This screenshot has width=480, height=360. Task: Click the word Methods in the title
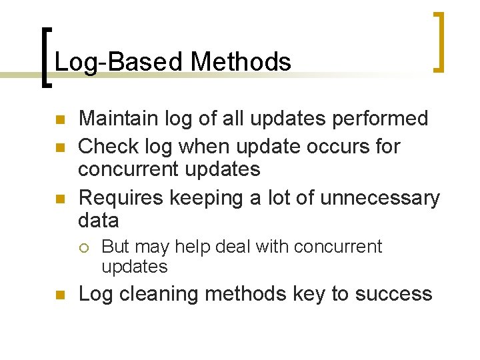tap(241, 62)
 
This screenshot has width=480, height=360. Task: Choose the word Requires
tap(121, 198)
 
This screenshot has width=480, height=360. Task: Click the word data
tap(98, 220)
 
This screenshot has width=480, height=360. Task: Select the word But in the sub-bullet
tap(115, 247)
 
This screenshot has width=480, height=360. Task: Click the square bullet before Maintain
tap(59, 121)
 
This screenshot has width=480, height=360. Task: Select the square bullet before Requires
tap(59, 199)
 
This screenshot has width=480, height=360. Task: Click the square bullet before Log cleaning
tap(59, 295)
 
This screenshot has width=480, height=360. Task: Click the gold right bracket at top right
tap(439, 41)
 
